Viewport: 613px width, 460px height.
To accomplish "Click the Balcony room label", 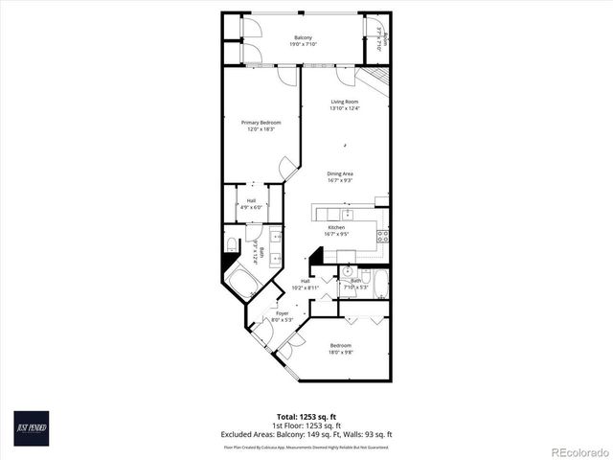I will (x=302, y=37).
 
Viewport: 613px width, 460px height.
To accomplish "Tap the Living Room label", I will (x=345, y=102).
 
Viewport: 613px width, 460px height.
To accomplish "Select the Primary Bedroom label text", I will (x=261, y=123).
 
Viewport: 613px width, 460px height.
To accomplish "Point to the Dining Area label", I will (x=340, y=173).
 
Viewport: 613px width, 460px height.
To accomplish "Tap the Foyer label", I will (x=283, y=313).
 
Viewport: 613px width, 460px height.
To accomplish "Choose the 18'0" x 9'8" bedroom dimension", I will (x=341, y=351).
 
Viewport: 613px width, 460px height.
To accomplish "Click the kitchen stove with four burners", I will (x=382, y=235).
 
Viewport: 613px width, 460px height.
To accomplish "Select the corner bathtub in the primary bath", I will (x=239, y=280).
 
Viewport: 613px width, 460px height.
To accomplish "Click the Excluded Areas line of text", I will (x=306, y=434).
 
